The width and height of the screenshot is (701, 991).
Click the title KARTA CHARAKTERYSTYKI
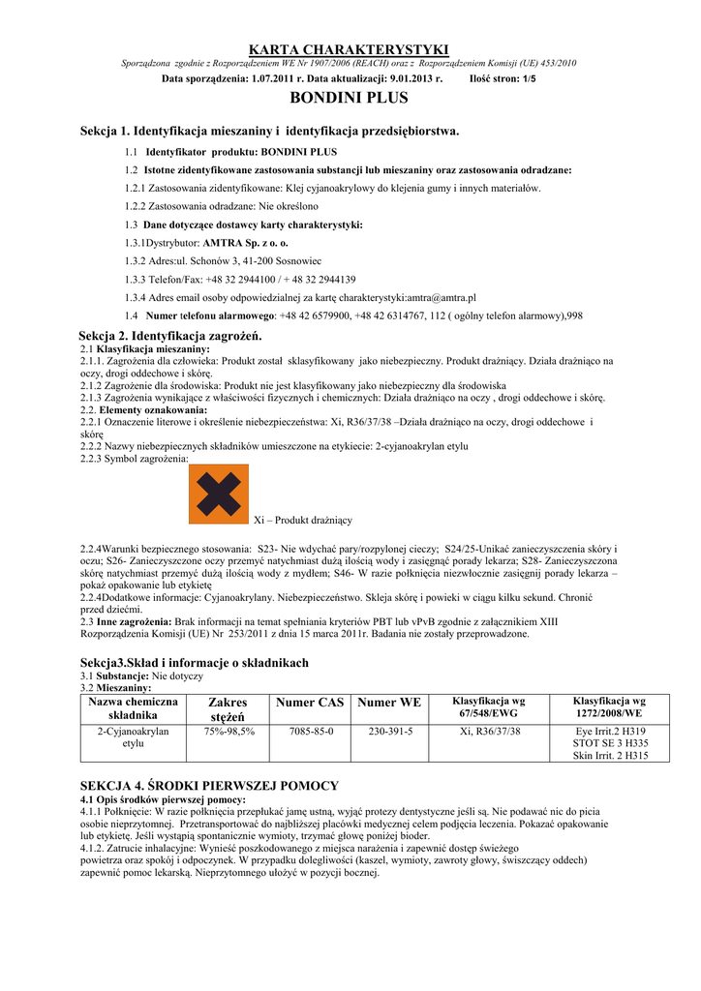pos(350,48)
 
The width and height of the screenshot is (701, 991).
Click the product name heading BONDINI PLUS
pos(350,98)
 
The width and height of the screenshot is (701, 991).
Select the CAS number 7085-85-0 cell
pos(311,732)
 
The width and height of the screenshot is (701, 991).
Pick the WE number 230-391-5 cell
pos(389,732)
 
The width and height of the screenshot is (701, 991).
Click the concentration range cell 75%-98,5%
pos(229,732)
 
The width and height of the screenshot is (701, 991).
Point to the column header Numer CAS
pos(310,703)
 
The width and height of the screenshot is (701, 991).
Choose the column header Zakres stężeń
pos(229,709)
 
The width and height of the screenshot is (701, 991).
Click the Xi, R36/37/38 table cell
pos(490,732)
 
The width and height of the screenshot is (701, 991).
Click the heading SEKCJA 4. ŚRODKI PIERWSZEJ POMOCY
pos(209,786)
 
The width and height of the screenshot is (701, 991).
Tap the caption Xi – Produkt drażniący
pos(302,520)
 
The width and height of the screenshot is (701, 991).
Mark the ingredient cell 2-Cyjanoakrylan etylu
pos(133,737)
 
